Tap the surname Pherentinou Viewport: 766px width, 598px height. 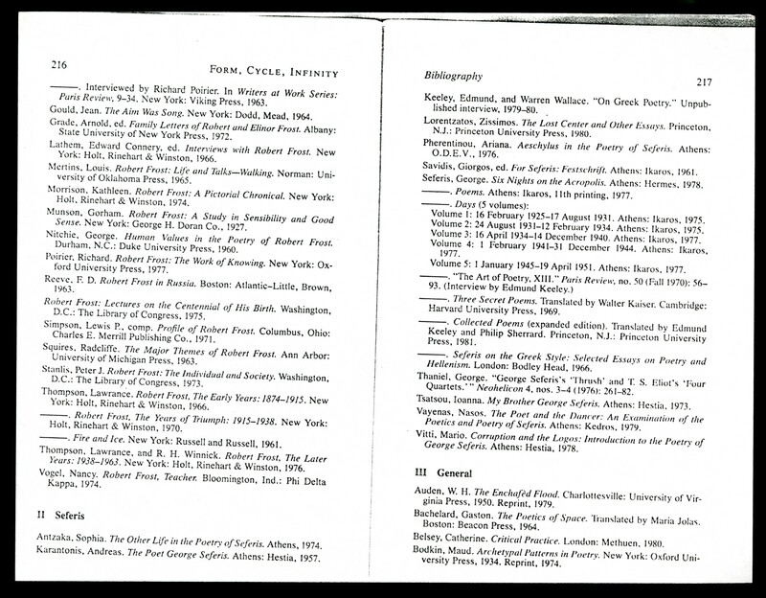pos(458,164)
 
